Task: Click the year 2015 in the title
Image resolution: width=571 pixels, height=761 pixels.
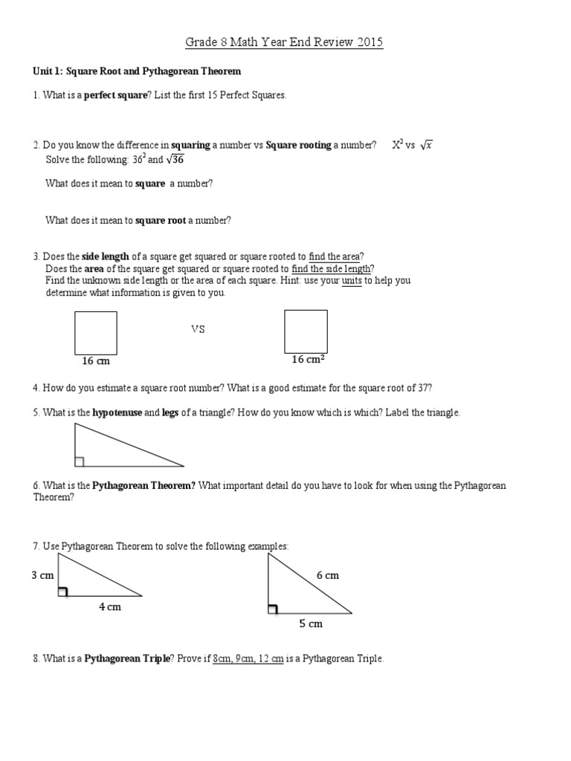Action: coord(368,42)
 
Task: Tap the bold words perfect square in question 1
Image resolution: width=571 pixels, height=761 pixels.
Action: coord(116,97)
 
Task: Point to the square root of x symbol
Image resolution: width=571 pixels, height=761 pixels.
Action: coord(425,145)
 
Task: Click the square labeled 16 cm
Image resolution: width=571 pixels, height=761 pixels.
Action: coord(96,333)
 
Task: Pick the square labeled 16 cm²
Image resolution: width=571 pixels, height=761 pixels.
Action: coord(306,331)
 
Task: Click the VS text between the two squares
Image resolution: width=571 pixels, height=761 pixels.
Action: coord(198,329)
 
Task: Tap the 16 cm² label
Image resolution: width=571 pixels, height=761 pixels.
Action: coord(307,360)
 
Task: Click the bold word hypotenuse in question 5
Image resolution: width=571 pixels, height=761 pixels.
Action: coord(117,412)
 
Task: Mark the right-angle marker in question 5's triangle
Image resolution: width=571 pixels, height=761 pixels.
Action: coord(79,462)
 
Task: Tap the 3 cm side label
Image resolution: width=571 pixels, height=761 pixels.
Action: coord(42,574)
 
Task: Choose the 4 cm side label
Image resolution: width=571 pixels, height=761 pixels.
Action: coord(109,607)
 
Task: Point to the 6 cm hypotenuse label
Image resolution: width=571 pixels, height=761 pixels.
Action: coord(327,575)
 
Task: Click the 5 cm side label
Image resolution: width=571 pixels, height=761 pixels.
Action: coord(311,624)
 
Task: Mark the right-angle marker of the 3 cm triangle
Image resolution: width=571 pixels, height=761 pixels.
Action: coord(62,592)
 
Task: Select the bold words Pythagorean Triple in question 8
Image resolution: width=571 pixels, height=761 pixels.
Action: coord(126,658)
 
